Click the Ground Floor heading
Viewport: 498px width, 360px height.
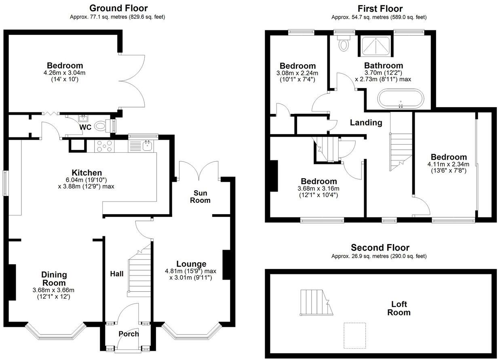(118, 8)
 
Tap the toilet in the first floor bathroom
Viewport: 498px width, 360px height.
(344, 43)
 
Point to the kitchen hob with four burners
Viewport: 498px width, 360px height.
(104, 146)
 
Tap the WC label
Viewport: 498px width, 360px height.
(85, 128)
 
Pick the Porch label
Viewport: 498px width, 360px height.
(129, 334)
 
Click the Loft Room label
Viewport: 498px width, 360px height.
(399, 308)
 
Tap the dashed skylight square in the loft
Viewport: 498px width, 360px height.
(355, 335)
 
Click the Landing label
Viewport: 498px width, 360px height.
(366, 123)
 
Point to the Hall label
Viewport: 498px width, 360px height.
(117, 274)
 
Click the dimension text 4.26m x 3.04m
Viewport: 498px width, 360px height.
(65, 73)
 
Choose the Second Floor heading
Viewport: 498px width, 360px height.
(380, 248)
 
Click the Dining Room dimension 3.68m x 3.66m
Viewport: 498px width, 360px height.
(54, 290)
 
